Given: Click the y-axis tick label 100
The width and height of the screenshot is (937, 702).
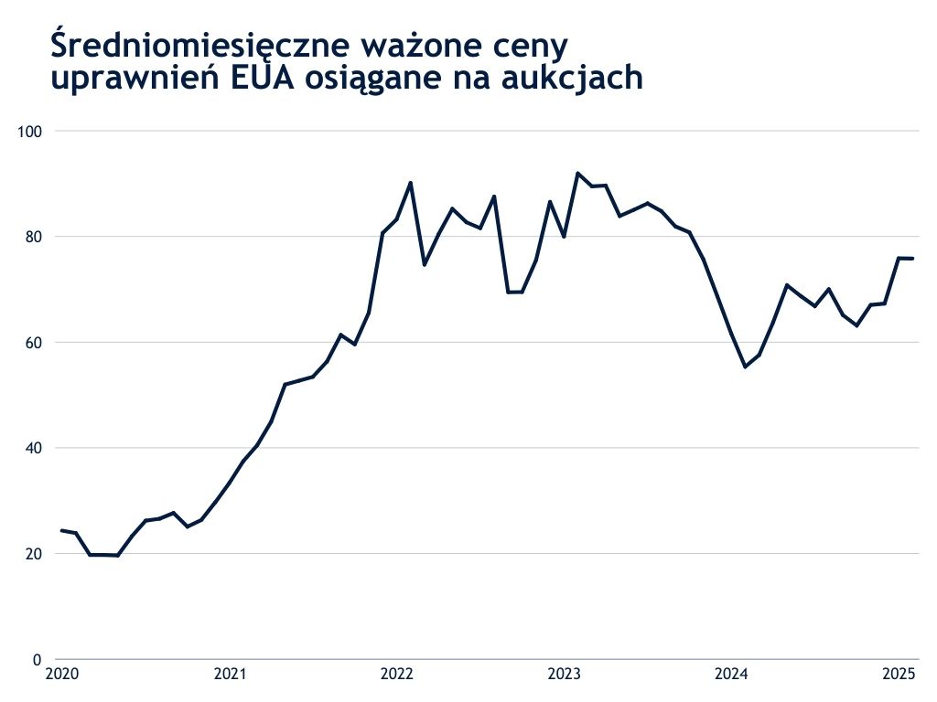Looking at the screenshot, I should coord(32,131).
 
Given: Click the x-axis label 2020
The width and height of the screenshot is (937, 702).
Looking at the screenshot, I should coord(62,675).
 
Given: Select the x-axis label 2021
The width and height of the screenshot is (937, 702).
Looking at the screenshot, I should coord(230,675).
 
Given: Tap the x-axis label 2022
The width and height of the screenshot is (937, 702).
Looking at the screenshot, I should coord(397,675).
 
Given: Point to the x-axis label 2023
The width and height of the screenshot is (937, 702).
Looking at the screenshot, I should coord(564,675).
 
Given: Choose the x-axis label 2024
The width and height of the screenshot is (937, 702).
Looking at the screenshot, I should coord(731,675).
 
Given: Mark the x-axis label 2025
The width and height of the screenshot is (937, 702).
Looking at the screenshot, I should coord(899,675).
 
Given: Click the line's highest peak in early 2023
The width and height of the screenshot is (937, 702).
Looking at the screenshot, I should coord(578,173).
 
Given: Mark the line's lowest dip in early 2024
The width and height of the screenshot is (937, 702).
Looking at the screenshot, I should coord(745,367).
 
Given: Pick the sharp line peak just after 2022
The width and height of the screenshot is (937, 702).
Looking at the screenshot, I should coord(410,183).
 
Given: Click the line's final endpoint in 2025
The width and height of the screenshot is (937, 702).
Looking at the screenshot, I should coord(912,259).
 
